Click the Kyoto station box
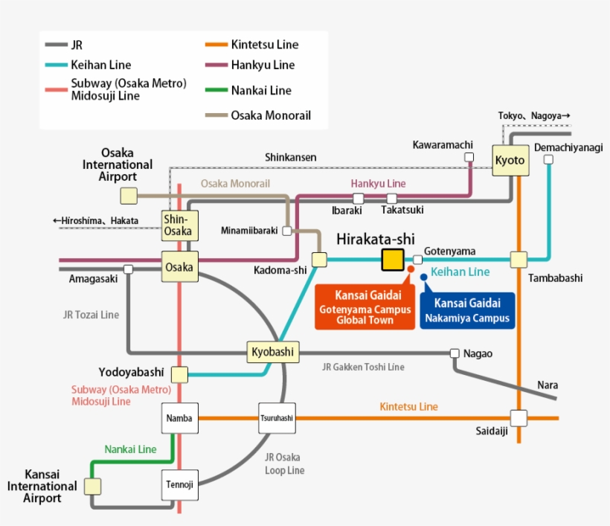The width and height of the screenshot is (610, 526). point(510,160)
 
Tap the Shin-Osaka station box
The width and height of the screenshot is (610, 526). point(179,224)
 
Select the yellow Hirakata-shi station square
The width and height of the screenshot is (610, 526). point(392,260)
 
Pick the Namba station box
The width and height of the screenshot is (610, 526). point(179,418)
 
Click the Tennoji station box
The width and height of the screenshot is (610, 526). point(179,484)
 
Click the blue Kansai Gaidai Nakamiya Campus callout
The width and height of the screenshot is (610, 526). point(467,310)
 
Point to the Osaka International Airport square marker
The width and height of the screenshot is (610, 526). point(129,196)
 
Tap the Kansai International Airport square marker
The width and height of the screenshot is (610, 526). point(92,486)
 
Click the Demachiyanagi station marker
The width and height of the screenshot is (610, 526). point(548,159)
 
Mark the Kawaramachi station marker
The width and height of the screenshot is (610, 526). point(469,157)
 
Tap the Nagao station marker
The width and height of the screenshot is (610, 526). point(455,353)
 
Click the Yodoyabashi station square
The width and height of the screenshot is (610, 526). point(179,374)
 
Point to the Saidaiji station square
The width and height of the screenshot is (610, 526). point(518,418)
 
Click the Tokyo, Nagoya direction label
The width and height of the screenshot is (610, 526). point(533,115)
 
